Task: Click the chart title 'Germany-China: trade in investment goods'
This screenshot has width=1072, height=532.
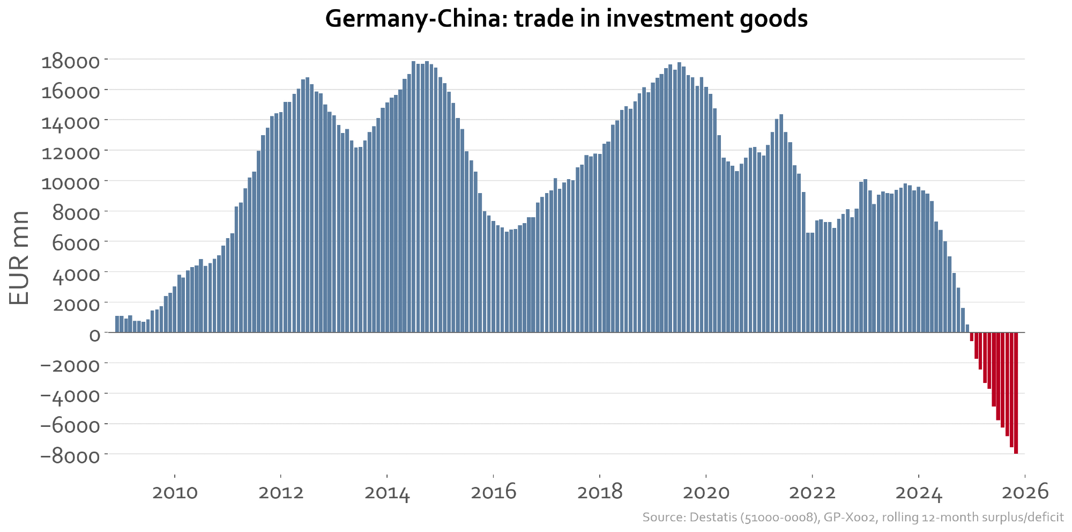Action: (x=566, y=19)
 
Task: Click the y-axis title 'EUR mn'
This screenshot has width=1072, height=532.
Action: (x=19, y=257)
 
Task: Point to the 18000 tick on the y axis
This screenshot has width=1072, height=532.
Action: (x=71, y=61)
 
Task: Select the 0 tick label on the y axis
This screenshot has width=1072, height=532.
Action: (x=94, y=335)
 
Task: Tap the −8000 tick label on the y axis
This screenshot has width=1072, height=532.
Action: (x=71, y=456)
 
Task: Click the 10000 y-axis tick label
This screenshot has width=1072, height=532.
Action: (x=71, y=183)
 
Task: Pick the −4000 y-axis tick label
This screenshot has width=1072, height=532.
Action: (x=71, y=396)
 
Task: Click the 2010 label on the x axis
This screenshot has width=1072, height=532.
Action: (x=175, y=492)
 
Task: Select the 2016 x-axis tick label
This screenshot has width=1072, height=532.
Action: (x=493, y=492)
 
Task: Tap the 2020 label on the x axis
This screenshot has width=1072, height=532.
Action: (x=706, y=492)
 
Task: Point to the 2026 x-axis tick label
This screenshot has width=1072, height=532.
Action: (x=1025, y=492)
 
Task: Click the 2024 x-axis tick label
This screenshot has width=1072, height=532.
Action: (x=919, y=492)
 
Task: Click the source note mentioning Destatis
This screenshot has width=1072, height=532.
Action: (x=853, y=518)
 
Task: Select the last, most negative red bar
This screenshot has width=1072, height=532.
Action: (x=1016, y=393)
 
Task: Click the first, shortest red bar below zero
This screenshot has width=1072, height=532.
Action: (x=971, y=337)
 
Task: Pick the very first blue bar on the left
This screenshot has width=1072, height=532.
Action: (x=117, y=324)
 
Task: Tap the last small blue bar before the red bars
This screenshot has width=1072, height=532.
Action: (x=967, y=328)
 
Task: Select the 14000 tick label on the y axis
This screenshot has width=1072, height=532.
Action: (x=71, y=122)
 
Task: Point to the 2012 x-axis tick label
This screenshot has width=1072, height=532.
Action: (x=281, y=492)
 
